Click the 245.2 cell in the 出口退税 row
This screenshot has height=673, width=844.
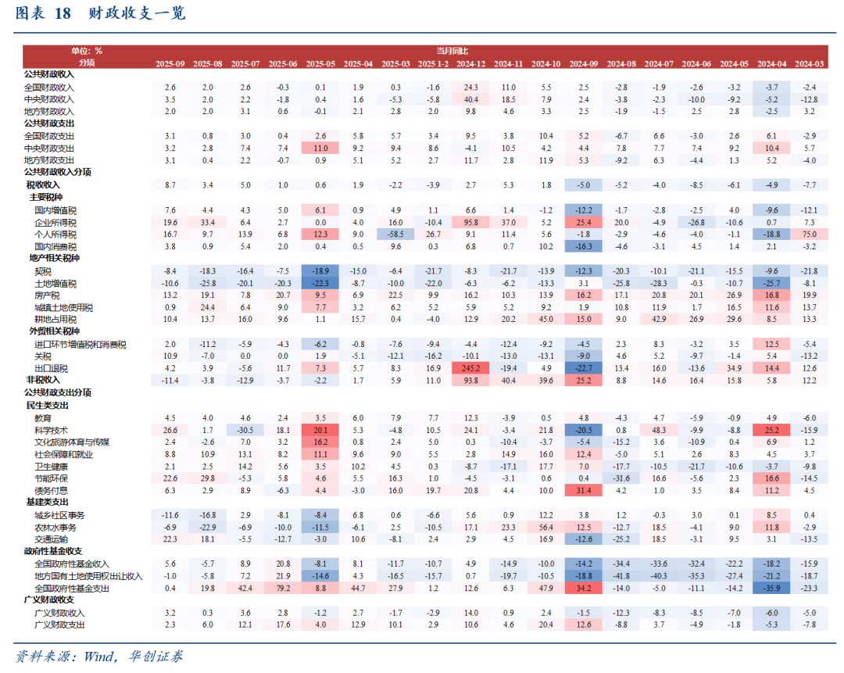470,368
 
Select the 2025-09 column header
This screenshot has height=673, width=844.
170,63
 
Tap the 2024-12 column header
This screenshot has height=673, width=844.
470,63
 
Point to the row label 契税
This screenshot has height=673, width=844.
44,270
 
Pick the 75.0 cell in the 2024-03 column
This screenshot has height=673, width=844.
809,234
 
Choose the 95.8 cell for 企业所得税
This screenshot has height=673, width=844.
470,222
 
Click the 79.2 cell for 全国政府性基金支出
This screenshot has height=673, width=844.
283,588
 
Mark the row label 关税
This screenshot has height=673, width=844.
44,356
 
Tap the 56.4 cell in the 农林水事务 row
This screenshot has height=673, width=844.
546,527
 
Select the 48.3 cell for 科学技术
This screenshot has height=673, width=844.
659,429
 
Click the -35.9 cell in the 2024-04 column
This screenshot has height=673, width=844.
771,588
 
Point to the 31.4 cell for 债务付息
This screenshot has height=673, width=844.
584,490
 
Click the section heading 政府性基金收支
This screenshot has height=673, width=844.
52,551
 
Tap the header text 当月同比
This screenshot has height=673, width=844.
453,51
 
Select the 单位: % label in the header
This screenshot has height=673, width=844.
87,51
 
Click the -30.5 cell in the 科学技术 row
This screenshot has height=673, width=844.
245,429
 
